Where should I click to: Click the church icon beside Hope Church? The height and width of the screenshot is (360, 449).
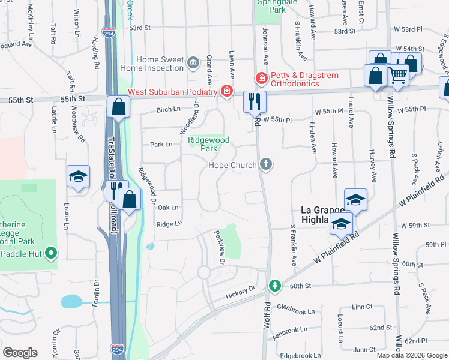click(266, 164)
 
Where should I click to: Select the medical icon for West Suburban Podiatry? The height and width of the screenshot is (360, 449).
click(226, 92)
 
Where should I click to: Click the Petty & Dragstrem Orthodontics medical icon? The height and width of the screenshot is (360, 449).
click(261, 79)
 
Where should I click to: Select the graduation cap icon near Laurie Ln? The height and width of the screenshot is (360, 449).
click(78, 176)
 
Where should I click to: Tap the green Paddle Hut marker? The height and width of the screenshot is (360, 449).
click(52, 254)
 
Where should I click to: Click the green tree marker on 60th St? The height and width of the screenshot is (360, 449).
click(274, 285)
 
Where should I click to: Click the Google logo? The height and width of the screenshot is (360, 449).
click(20, 353)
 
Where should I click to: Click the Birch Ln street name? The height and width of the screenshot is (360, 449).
click(168, 110)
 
